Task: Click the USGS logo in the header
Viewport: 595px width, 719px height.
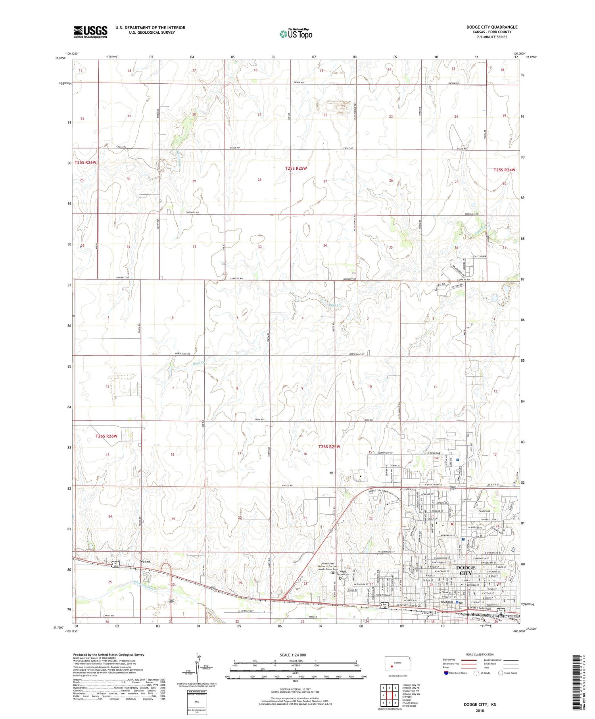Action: point(90,32)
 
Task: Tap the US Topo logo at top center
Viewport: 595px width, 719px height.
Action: point(296,34)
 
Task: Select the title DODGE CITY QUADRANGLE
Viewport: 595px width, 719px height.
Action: point(492,27)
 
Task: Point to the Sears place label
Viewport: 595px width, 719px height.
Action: point(145,561)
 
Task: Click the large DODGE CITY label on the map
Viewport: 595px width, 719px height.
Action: point(465,570)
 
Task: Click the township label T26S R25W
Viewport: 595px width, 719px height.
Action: point(330,447)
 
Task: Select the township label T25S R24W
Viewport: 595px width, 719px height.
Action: point(505,170)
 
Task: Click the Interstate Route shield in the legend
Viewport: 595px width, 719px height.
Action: point(446,673)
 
